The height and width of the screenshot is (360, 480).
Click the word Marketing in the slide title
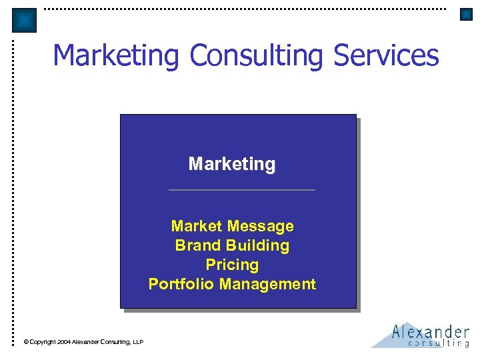pos(117,56)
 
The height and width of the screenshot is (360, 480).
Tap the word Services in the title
pos(386,56)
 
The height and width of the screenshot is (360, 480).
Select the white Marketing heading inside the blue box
pos(232,164)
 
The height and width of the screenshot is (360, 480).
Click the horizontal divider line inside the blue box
pos(241,190)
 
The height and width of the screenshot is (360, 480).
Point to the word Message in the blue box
pos(262,227)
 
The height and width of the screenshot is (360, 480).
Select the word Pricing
pos(232,265)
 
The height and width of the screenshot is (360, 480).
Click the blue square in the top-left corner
pos(25,21)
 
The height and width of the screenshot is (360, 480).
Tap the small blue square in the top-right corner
pos(466,14)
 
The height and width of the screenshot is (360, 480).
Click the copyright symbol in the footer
pos(26,342)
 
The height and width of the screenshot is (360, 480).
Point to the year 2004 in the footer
pos(63,342)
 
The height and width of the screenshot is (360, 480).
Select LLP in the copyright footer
pos(138,342)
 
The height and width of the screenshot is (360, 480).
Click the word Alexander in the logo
pos(430,331)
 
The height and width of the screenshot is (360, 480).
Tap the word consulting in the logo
pos(438,343)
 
